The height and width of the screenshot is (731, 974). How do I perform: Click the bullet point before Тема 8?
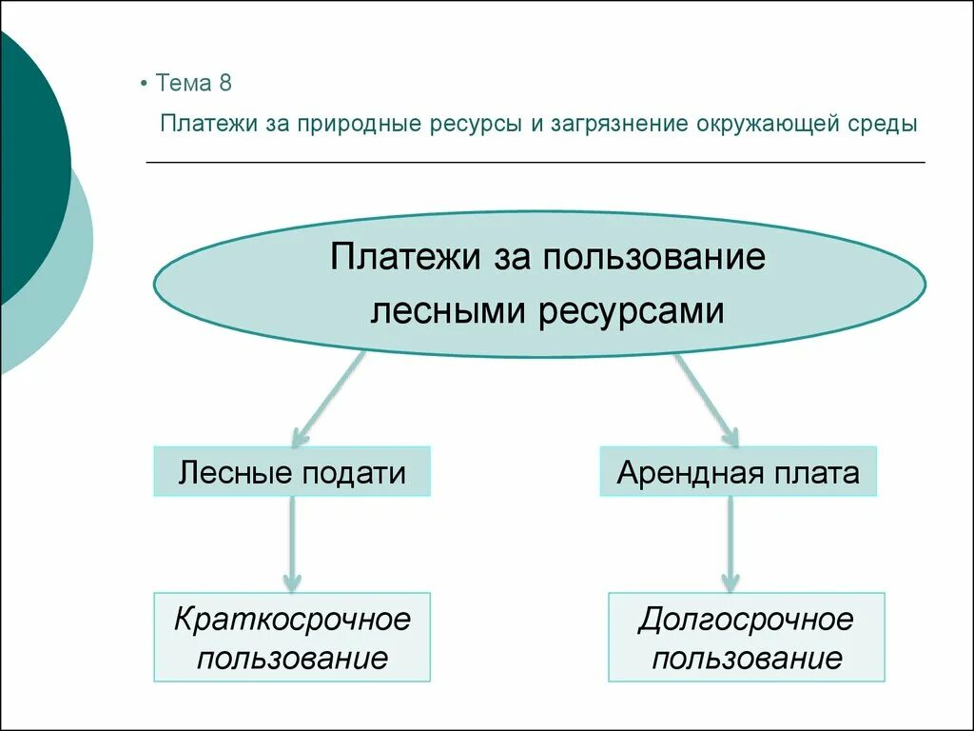pos(143,84)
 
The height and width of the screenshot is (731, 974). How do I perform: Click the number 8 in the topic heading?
pos(224,83)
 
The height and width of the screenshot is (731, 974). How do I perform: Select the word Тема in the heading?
pos(183,83)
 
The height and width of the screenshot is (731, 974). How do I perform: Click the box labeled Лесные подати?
pos(292,472)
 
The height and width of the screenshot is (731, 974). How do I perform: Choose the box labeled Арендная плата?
pos(738,472)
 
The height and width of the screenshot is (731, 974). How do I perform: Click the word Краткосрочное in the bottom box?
pos(292,620)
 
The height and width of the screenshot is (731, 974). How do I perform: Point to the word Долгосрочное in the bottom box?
pos(747,620)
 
